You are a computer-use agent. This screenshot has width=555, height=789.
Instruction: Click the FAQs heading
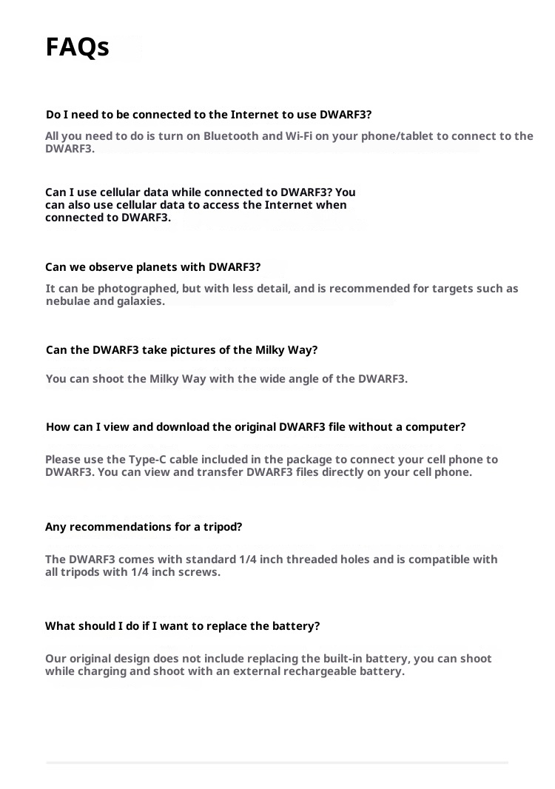(x=78, y=47)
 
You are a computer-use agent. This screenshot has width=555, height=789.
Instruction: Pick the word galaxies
(x=140, y=301)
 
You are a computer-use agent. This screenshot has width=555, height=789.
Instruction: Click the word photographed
(x=129, y=289)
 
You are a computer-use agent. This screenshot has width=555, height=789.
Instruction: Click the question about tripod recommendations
(x=144, y=527)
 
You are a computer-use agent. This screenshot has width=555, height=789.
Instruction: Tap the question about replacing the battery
(x=182, y=626)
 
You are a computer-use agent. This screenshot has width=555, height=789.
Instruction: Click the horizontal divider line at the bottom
(x=277, y=762)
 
